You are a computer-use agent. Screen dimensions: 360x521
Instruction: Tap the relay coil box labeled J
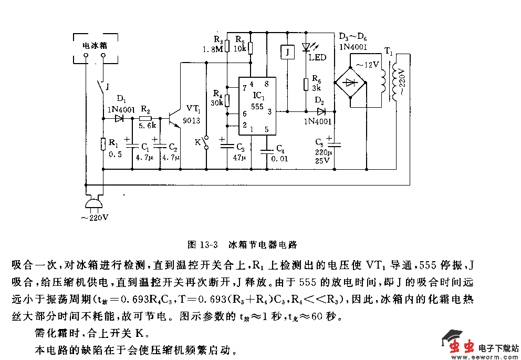pyautogui.click(x=287, y=52)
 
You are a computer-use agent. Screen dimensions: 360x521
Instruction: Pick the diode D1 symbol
pyautogui.click(x=119, y=118)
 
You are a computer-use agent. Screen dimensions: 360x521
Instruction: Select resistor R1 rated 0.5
pyautogui.click(x=103, y=143)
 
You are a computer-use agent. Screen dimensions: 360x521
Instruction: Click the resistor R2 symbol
pyautogui.click(x=145, y=118)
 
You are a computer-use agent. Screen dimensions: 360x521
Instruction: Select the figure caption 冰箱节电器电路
pyautogui.click(x=263, y=244)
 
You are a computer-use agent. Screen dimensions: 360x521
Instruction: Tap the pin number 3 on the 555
pyautogui.click(x=269, y=111)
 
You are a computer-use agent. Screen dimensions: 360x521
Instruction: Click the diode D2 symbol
pyautogui.click(x=321, y=111)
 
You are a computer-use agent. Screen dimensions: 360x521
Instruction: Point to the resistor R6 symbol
pyautogui.click(x=306, y=85)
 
